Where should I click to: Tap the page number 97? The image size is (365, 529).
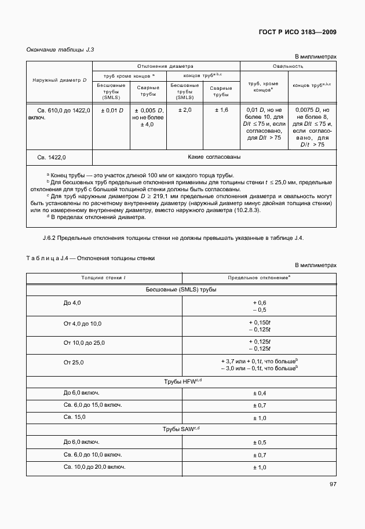point(333,484)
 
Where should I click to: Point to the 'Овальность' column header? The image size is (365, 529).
point(288,66)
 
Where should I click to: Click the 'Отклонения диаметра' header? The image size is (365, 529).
point(166,66)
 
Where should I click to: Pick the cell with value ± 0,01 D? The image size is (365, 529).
point(112,110)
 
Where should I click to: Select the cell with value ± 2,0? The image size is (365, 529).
point(184,110)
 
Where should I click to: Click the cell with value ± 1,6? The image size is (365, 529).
point(221,110)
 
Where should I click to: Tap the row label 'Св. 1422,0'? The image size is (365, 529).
point(52,157)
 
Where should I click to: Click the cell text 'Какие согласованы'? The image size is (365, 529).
point(214,156)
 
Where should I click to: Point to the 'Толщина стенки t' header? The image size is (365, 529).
point(103,278)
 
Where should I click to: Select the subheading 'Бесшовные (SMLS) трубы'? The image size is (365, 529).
point(182,290)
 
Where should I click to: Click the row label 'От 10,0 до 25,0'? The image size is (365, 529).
point(84,343)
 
